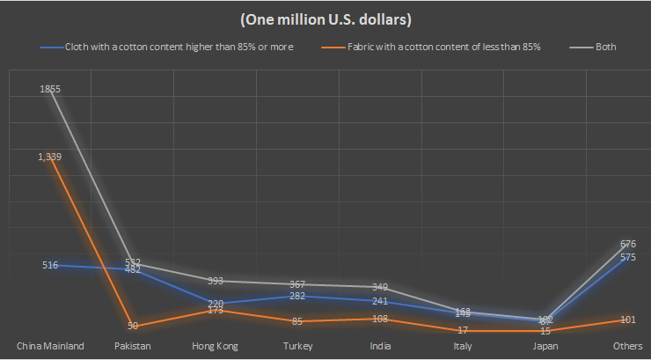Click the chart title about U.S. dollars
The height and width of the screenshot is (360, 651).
(x=325, y=18)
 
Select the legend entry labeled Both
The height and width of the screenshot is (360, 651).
(x=604, y=46)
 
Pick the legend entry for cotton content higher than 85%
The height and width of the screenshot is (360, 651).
(x=173, y=46)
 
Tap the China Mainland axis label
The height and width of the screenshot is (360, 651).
(x=50, y=346)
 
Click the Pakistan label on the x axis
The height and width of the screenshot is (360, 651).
(x=133, y=346)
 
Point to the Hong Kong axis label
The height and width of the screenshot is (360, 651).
(x=215, y=346)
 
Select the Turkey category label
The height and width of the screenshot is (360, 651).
(x=297, y=346)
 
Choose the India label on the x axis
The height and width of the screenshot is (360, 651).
(x=380, y=346)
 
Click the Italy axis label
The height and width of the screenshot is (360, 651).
(x=462, y=346)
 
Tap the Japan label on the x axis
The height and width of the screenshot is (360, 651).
(x=545, y=346)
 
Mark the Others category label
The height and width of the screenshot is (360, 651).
(x=627, y=346)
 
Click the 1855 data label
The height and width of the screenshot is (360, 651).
(x=49, y=90)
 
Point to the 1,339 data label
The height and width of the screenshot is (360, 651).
(x=49, y=157)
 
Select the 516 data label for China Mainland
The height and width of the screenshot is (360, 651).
(x=49, y=265)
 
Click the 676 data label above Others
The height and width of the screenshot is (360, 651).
(x=627, y=244)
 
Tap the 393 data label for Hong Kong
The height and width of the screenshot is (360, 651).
(x=215, y=282)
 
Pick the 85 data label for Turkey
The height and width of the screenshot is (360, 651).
(x=297, y=321)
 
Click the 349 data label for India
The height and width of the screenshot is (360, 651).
(x=380, y=287)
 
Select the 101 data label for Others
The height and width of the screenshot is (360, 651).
(x=627, y=320)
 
